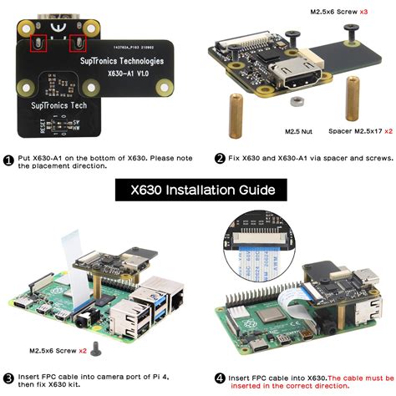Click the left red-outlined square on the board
(x=38, y=43)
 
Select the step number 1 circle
(x=8, y=159)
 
